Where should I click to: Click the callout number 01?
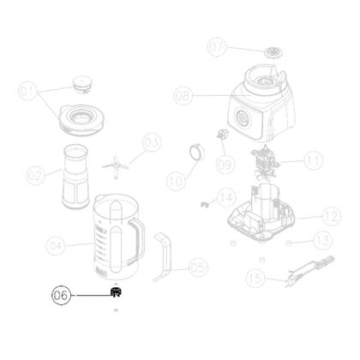point(29,89)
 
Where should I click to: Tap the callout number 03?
point(152,141)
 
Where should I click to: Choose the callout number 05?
point(198,267)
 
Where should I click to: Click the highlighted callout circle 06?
point(62,295)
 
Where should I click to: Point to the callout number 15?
point(254,278)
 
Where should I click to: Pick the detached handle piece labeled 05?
point(163,256)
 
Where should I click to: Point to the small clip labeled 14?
point(204,202)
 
